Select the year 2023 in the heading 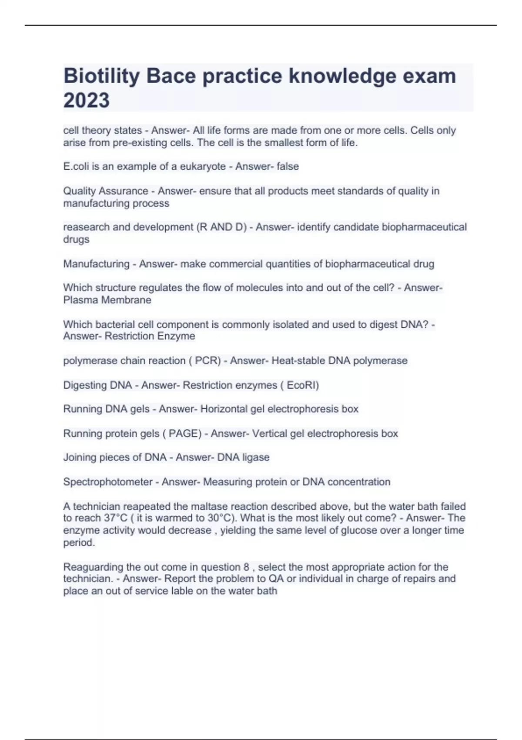tap(87, 101)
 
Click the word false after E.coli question tap(288, 166)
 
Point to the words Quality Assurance tap(106, 191)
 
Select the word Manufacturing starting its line tap(96, 264)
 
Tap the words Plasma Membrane tap(107, 300)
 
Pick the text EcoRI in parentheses tap(302, 385)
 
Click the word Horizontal tap(224, 409)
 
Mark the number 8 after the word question tap(247, 567)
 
